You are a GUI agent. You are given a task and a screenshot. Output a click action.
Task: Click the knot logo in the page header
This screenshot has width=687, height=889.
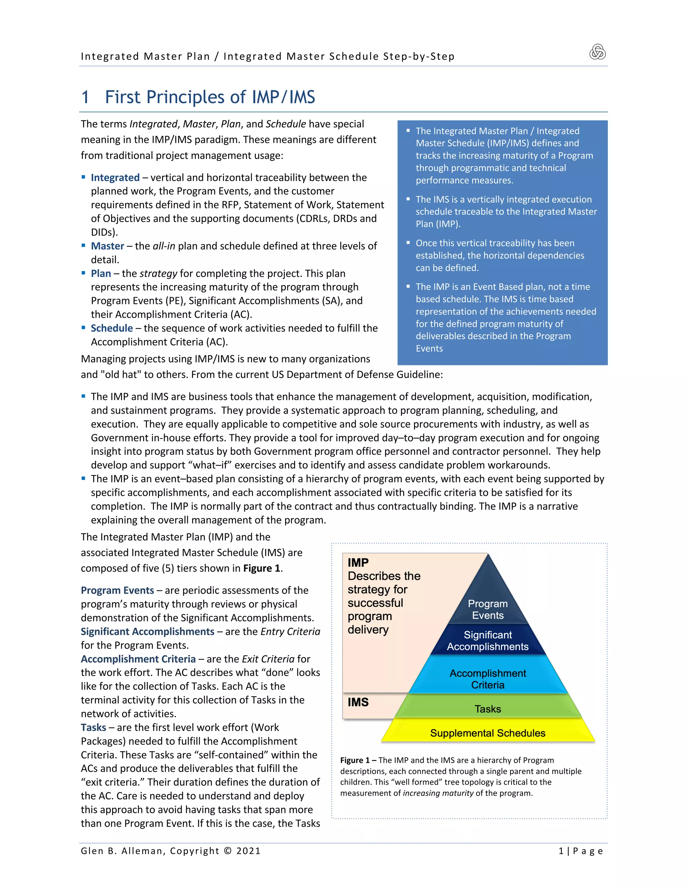597,52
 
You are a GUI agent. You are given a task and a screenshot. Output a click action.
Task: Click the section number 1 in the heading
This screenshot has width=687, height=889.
85,97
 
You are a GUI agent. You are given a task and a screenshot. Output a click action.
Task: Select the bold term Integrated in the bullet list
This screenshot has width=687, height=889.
115,178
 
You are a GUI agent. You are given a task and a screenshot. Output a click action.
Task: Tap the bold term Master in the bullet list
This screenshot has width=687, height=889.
107,246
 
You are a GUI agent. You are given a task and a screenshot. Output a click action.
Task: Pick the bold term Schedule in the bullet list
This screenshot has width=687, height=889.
111,328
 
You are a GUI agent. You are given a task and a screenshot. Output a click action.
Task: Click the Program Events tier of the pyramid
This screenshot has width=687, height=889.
487,609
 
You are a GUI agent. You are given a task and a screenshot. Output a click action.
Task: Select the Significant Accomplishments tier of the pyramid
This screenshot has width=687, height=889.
487,641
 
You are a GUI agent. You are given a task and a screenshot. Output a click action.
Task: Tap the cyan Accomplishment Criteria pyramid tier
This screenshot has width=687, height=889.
487,679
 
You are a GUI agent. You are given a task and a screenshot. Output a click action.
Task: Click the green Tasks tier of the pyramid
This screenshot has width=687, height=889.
487,709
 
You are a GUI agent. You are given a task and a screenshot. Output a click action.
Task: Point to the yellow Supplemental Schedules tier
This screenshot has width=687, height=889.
487,733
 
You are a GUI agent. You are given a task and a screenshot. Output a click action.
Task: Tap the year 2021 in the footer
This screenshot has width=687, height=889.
248,851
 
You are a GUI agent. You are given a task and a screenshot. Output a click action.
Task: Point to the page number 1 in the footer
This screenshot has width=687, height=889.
561,851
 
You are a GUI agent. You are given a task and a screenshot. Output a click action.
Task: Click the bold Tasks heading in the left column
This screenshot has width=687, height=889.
93,727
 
